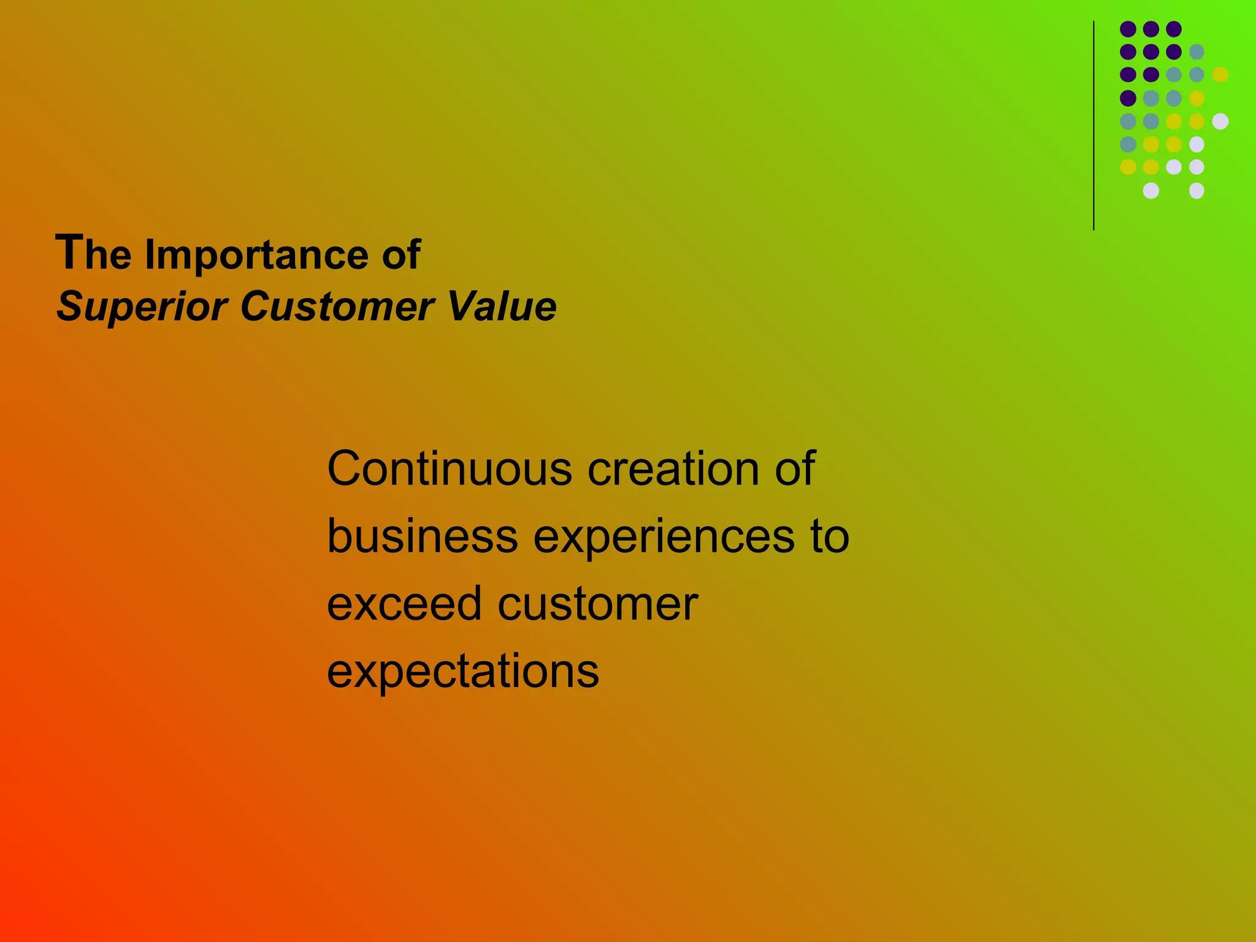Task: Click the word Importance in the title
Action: point(256,255)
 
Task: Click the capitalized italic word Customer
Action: point(338,306)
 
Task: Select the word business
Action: point(423,536)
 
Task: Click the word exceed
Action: point(404,603)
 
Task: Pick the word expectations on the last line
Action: point(463,672)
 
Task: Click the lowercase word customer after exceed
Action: point(598,603)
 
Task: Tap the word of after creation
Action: point(795,469)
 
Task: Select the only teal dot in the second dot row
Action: point(1197,52)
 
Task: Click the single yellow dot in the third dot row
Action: point(1220,75)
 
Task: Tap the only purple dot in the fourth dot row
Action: point(1128,98)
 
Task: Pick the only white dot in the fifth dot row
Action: point(1220,121)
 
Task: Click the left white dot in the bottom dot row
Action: point(1151,191)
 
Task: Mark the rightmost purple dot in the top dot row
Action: point(1174,29)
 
